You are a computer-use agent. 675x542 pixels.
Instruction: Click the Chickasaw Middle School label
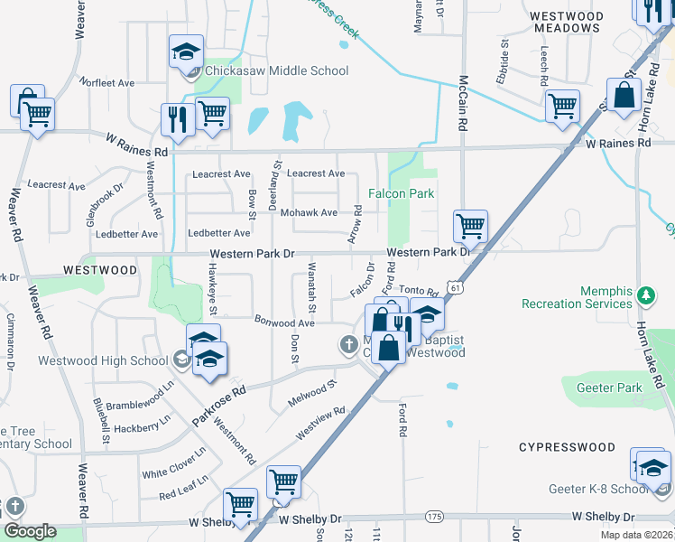276,70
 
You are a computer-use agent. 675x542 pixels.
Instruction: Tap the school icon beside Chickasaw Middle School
186,51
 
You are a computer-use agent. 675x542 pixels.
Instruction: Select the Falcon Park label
402,193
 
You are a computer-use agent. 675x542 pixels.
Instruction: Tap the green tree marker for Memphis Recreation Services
645,294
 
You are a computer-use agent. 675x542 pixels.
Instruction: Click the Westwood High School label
103,360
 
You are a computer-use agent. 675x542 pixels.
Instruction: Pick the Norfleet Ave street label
106,82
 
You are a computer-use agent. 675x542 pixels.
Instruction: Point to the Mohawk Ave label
309,212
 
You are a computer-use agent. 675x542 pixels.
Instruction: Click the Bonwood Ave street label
284,322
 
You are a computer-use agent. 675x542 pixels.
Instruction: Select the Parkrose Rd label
219,407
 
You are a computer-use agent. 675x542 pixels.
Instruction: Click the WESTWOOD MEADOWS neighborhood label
566,22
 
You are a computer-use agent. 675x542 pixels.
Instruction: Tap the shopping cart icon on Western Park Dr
471,226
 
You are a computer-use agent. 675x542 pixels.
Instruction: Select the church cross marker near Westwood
349,343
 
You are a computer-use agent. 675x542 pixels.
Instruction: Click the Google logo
30,531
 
